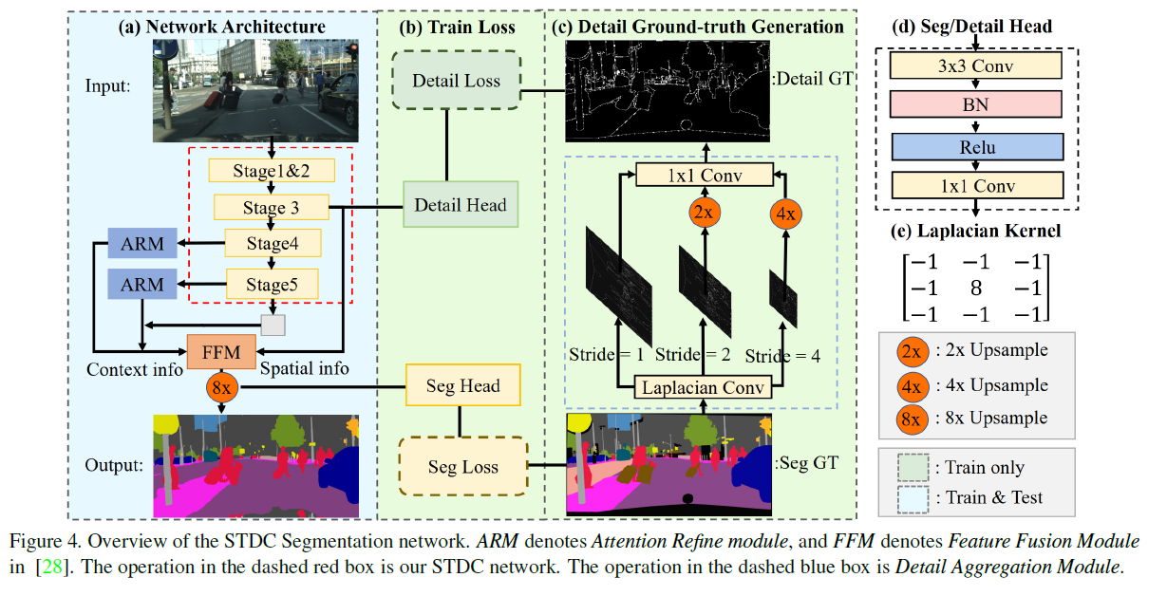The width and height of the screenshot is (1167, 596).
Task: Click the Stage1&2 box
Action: point(272,171)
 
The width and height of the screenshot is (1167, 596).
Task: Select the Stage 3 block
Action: point(271,207)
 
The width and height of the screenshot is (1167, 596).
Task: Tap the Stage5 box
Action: point(272,284)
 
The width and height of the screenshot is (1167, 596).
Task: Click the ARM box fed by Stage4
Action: point(142,244)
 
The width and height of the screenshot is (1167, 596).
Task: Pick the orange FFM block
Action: point(221,352)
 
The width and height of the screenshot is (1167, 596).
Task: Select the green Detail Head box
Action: point(461,205)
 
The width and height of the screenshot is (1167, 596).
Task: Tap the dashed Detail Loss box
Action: point(456,81)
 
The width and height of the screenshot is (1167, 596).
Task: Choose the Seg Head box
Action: point(463,386)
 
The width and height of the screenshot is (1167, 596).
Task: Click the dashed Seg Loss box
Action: point(462,467)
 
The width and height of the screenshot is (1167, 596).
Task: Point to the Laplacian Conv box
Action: point(704,386)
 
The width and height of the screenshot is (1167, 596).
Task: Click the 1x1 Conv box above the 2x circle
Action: point(703,175)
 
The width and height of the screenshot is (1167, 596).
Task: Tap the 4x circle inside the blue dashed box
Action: point(785,212)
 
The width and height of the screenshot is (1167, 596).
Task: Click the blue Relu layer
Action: point(975,146)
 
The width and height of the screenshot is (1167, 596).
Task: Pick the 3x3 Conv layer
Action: point(975,65)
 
